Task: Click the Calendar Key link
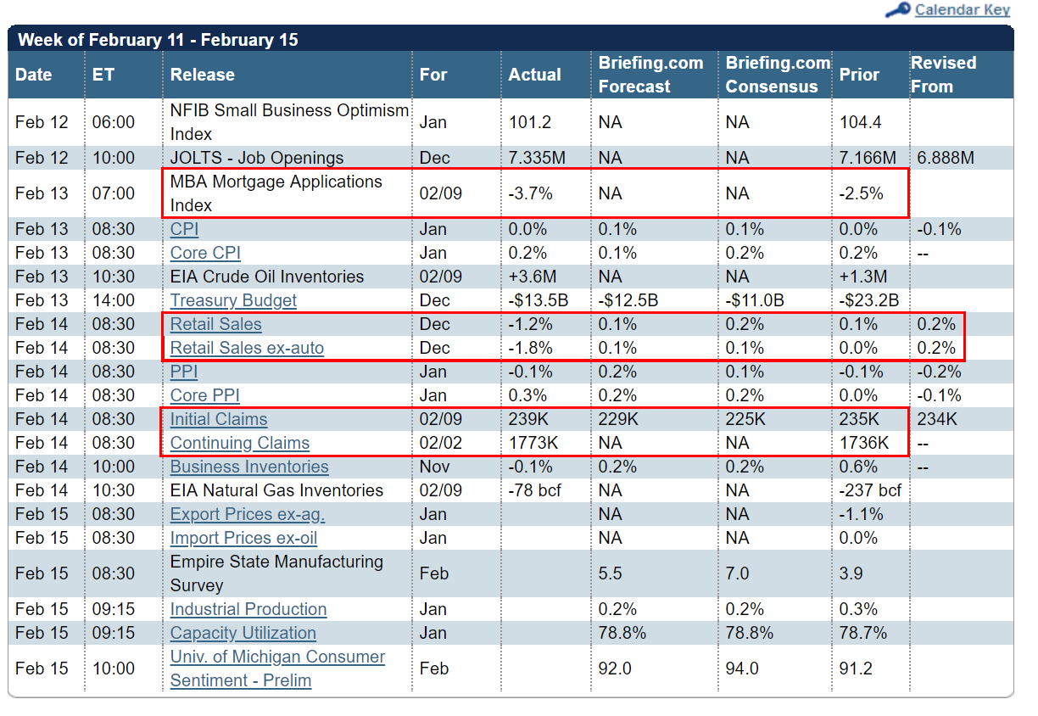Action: tap(962, 9)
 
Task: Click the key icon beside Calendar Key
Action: tap(897, 9)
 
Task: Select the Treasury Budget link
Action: tap(233, 300)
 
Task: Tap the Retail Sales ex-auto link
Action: tap(247, 348)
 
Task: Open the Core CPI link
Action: tap(205, 253)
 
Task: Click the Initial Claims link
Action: tap(219, 419)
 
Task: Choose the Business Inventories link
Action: tap(249, 467)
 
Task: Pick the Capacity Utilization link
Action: tap(243, 633)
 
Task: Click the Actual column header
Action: tap(535, 75)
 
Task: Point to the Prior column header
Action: tap(859, 75)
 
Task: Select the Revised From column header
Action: tap(944, 75)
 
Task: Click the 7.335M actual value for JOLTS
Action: tap(537, 158)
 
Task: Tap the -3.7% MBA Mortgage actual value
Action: tap(530, 193)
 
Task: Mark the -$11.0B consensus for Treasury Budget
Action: tap(755, 300)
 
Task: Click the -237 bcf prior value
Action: tap(870, 490)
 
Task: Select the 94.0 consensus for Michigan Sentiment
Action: tap(742, 668)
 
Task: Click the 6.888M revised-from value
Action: tap(946, 158)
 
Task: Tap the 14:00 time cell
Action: tap(114, 300)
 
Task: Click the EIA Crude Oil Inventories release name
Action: tap(267, 277)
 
